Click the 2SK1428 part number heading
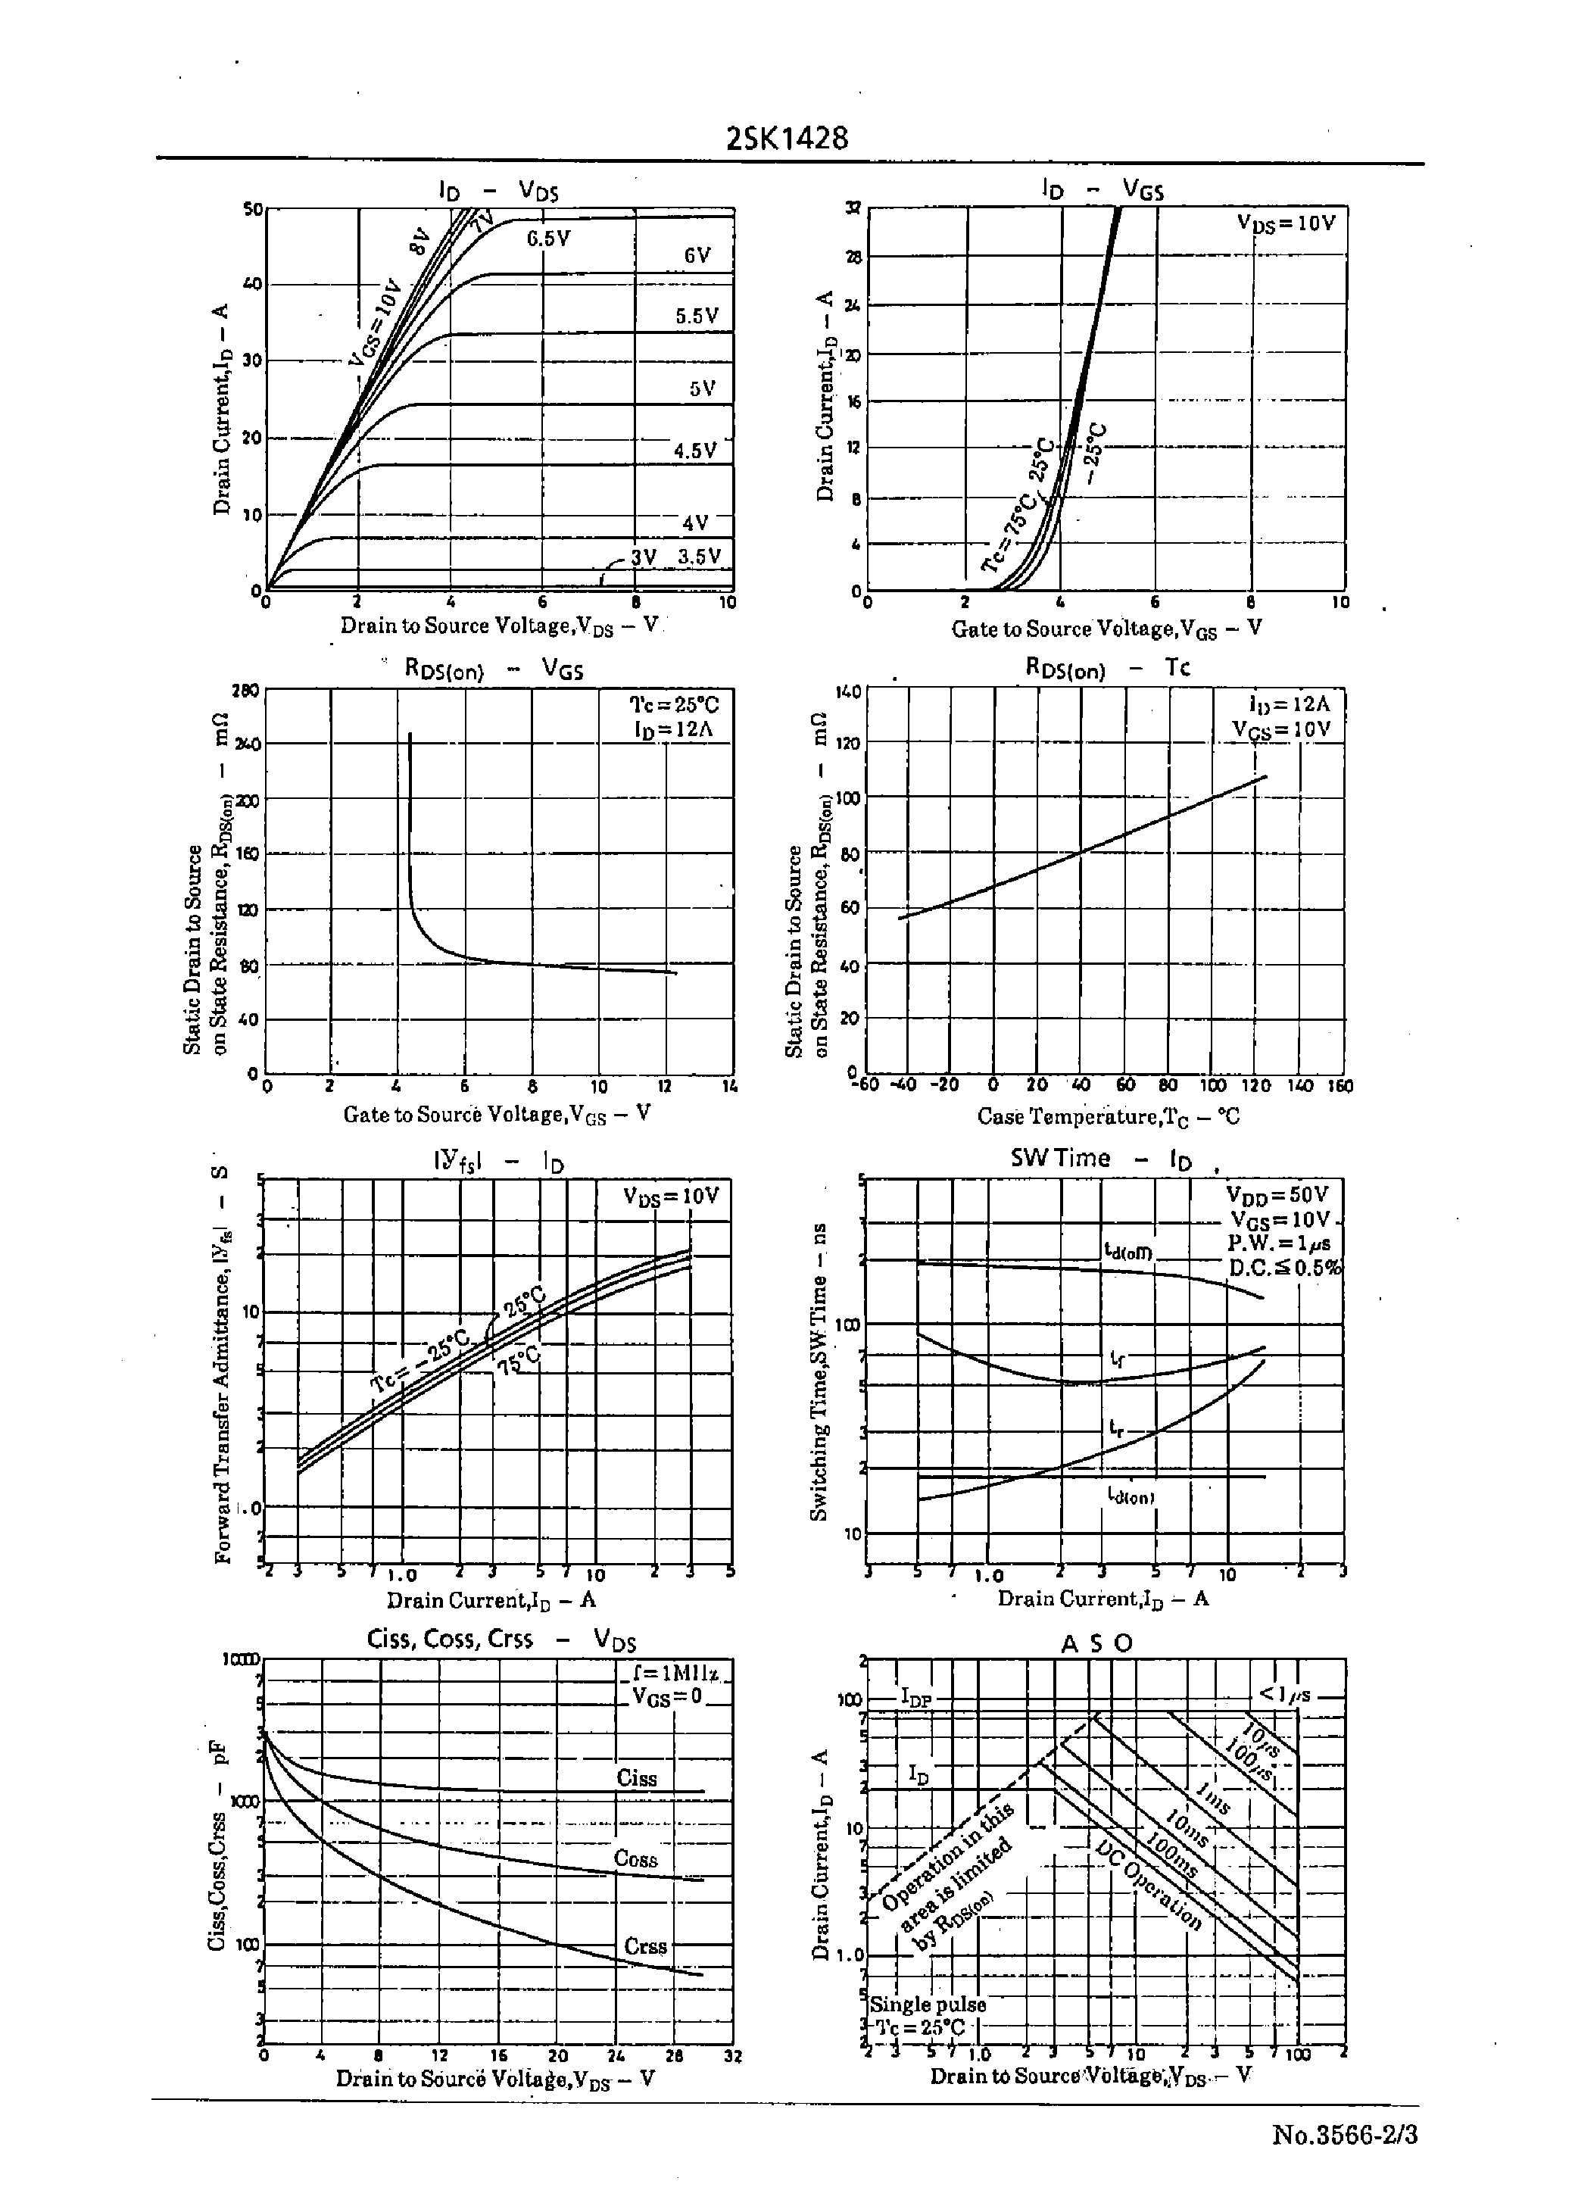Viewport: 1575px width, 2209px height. (x=787, y=139)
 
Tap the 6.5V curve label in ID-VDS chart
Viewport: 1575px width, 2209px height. (x=548, y=239)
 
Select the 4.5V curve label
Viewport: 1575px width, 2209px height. (x=694, y=451)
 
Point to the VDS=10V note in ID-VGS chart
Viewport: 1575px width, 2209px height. (x=1286, y=223)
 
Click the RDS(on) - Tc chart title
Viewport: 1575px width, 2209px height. (x=1106, y=667)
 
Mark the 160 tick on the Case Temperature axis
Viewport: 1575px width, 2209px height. (x=1340, y=1086)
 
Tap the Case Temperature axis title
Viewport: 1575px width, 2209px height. (x=1108, y=1116)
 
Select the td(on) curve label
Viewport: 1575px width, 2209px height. (x=1131, y=1496)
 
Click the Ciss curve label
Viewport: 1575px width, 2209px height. (x=636, y=1777)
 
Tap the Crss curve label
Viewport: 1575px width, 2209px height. (x=645, y=1946)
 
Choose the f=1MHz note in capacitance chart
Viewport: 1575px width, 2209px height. (x=675, y=1674)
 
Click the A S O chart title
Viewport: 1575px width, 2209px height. (x=1097, y=1643)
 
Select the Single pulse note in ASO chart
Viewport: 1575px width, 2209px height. (x=928, y=2004)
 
